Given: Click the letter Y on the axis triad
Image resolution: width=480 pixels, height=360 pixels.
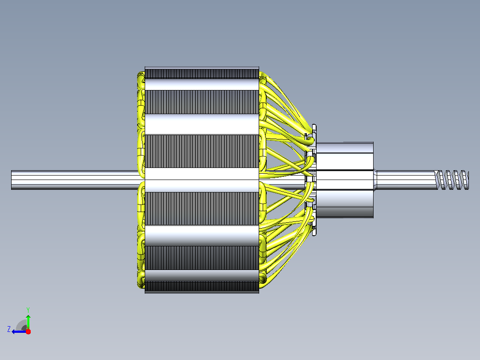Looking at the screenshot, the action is [x=28, y=310].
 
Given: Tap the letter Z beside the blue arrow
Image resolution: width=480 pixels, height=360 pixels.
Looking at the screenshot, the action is [x=9, y=329].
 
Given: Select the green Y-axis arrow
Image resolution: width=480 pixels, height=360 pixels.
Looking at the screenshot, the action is [x=28, y=322].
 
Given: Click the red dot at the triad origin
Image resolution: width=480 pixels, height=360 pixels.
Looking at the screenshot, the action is [x=28, y=331].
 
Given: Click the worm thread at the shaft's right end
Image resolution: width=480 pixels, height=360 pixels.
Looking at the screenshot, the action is [x=452, y=180].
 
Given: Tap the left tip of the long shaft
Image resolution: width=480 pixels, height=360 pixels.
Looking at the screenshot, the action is [x=12, y=180].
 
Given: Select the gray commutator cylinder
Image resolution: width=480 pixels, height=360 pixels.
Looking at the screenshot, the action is [x=345, y=180].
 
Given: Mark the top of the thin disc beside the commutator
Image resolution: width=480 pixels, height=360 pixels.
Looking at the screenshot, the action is [x=314, y=126].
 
